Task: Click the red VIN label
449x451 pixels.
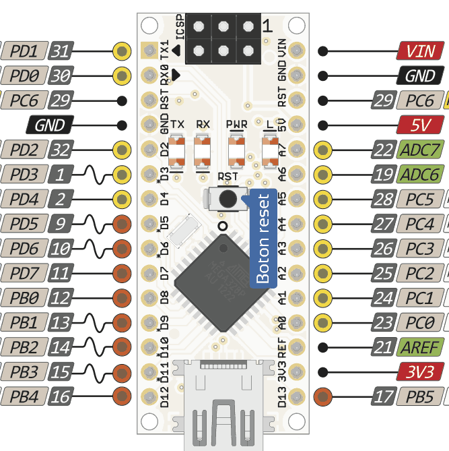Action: [421, 51]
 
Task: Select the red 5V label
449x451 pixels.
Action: [421, 125]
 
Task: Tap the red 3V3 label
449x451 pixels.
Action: [420, 371]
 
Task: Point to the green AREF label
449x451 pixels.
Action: [420, 347]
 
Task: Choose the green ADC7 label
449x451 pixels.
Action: [421, 150]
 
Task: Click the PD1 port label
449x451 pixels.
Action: [24, 51]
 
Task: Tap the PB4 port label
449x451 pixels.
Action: [24, 396]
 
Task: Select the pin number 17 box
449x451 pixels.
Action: [382, 396]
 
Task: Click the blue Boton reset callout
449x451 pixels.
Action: [263, 239]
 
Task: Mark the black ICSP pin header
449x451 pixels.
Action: [223, 38]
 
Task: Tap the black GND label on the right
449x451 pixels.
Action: [421, 76]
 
